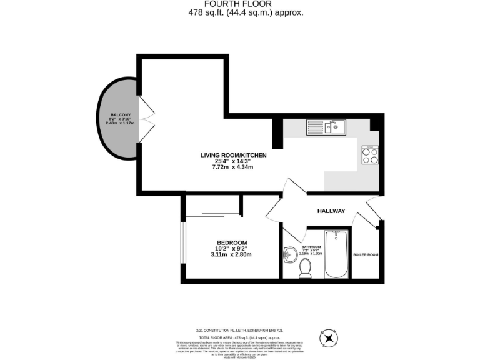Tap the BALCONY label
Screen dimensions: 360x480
click(x=121, y=115)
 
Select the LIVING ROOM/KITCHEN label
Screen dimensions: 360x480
click(x=233, y=155)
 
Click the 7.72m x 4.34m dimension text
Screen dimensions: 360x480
click(x=232, y=167)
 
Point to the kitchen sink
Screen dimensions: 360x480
click(x=326, y=127)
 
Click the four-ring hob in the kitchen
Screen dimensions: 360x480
click(x=370, y=154)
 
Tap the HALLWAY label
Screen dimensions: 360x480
click(x=331, y=211)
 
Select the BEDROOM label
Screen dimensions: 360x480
click(x=232, y=242)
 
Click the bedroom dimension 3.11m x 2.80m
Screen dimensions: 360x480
click(x=232, y=255)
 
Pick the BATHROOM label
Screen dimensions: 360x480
click(x=311, y=247)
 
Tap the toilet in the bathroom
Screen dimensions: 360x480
click(x=306, y=267)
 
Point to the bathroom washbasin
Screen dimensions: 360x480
click(x=290, y=254)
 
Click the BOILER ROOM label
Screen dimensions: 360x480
click(x=366, y=255)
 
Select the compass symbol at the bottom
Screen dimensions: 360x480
click(x=329, y=338)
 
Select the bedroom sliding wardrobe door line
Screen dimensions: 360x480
click(x=214, y=215)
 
